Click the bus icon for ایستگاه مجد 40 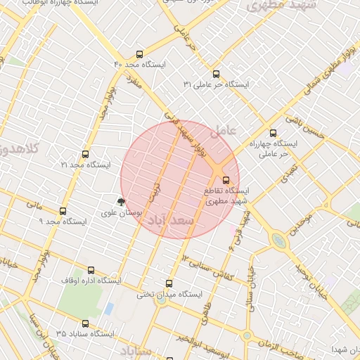point(140,54)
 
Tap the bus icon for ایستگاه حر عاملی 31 point(215,74)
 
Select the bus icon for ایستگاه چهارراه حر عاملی point(274,133)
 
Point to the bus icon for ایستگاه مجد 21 point(86,154)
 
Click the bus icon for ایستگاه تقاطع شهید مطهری point(226,180)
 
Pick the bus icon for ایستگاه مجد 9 point(63,210)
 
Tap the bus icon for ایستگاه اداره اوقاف point(90,269)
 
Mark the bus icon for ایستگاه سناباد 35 point(85,323)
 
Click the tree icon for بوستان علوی point(122,201)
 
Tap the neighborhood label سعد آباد point(168,221)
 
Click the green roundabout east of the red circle point(280,241)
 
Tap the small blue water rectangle point(108,309)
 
